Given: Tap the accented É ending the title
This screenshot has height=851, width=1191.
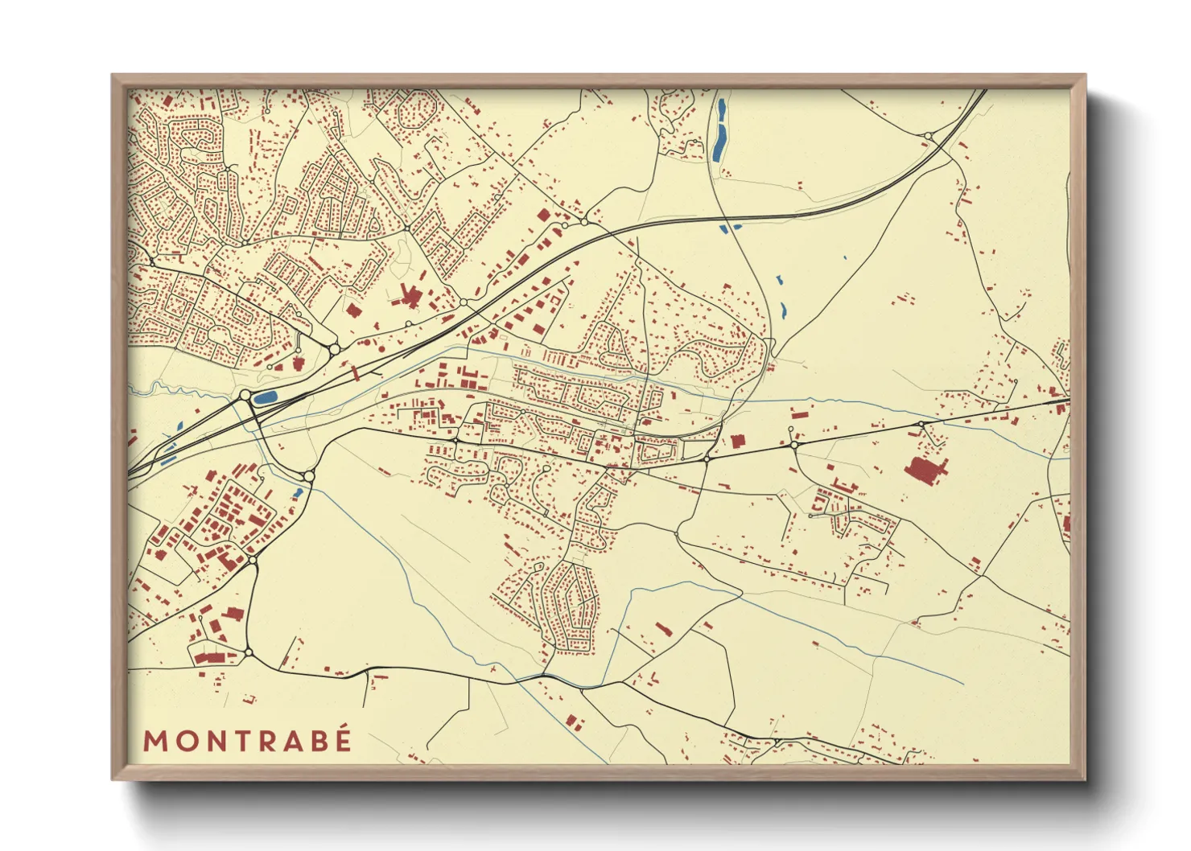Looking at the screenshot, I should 344,739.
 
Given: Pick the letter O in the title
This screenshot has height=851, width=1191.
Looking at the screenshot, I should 184,741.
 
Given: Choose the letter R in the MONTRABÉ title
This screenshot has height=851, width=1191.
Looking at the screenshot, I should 266,741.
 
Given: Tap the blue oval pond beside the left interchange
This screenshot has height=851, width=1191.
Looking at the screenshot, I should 265,397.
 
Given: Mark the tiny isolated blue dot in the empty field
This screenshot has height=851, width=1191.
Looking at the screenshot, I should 845,258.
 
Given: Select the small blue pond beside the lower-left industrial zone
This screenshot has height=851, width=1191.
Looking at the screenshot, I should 299,491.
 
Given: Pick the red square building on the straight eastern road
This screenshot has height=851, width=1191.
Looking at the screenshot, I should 737,441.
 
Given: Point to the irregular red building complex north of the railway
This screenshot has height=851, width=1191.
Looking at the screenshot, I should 410,295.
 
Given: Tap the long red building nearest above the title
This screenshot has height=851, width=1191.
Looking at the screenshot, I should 208,657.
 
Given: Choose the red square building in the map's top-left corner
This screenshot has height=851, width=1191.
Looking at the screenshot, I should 167,102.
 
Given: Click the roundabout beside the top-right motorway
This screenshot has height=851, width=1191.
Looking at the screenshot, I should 928,136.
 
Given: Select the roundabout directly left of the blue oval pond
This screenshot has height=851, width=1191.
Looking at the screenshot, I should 245,395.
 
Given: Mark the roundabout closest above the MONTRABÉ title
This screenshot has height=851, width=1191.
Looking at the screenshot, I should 249,651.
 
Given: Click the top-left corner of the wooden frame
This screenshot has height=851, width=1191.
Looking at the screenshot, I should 113,76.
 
